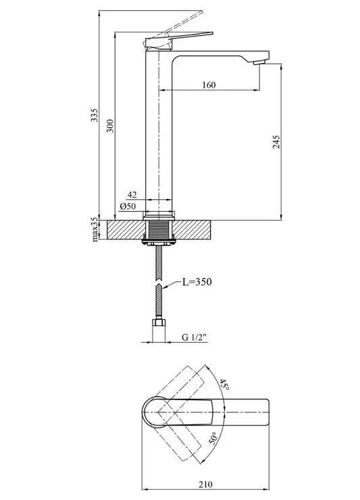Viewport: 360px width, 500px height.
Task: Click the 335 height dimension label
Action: [95, 115]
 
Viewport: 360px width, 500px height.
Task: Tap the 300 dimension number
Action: [110, 126]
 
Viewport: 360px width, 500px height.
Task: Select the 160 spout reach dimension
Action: [209, 85]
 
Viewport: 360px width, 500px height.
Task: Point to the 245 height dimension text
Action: [276, 142]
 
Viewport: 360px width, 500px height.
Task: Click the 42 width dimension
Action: [132, 194]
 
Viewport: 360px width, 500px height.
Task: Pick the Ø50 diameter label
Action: [128, 206]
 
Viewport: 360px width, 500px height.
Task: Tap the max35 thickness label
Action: [95, 229]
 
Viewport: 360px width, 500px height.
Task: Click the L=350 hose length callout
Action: [197, 282]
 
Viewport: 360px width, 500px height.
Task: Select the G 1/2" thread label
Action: [195, 337]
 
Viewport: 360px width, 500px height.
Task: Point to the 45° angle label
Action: [224, 385]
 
